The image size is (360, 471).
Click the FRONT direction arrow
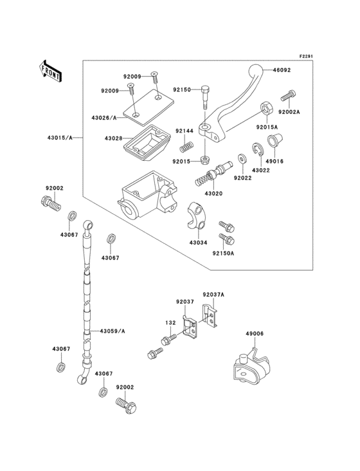click(50, 70)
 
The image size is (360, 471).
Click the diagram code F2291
click(308, 57)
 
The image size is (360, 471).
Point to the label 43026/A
click(105, 118)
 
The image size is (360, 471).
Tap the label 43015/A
click(60, 138)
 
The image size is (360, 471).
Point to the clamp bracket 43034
click(197, 213)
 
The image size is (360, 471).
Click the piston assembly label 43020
click(214, 194)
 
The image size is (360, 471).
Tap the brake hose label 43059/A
click(112, 331)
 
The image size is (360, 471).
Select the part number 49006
click(254, 334)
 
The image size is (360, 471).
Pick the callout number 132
click(170, 322)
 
